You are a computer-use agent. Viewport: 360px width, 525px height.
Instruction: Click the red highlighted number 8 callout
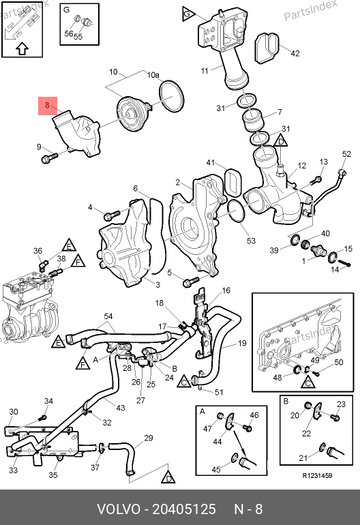pos(48,106)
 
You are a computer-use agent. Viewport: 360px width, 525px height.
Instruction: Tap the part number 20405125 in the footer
pos(184,509)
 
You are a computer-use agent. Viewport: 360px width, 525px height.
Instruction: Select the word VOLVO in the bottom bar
pos(119,509)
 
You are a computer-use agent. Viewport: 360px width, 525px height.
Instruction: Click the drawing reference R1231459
pos(317,476)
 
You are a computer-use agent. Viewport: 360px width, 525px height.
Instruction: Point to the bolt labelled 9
pos(49,157)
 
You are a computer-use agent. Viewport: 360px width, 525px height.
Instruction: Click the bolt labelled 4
pos(112,215)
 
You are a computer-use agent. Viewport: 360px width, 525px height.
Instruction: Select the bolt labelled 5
pos(190,282)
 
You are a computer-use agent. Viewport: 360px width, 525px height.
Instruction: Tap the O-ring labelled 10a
pos(171,95)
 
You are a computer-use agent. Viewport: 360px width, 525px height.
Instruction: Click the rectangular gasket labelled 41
pos(232,182)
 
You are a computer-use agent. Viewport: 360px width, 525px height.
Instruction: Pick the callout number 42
pos(295,53)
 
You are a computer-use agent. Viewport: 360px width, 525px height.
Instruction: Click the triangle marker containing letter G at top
pos(187,14)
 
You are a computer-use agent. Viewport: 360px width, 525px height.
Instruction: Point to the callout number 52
pos(346,153)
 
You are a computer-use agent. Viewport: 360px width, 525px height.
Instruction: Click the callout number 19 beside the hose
pos(242,343)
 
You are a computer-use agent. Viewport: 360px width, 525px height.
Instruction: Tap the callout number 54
pos(108,316)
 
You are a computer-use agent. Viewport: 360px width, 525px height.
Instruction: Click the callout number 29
pos(149,438)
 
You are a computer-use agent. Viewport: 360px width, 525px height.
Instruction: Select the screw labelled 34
pos(42,417)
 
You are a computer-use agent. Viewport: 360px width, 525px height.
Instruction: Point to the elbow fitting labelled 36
pos(43,266)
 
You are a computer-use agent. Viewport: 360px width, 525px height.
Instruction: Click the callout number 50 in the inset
pos(339,362)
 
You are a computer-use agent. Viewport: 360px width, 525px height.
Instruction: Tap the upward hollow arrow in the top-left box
pos(22,49)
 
